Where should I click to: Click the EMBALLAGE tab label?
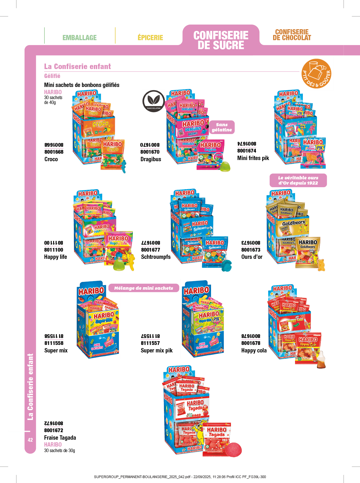pyautogui.click(x=79, y=38)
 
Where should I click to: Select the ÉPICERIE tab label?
pyautogui.click(x=150, y=38)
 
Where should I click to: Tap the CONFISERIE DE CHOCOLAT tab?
pyautogui.click(x=292, y=35)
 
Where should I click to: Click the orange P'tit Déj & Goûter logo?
pyautogui.click(x=316, y=74)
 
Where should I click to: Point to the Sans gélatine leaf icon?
pyautogui.click(x=153, y=101)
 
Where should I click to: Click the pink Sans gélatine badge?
pyautogui.click(x=222, y=127)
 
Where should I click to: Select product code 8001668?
pyautogui.click(x=54, y=152)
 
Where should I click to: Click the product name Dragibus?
pyautogui.click(x=151, y=159)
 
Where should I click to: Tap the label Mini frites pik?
pyautogui.click(x=253, y=158)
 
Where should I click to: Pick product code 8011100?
pyautogui.click(x=53, y=250)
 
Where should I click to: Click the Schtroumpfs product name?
pyautogui.click(x=156, y=257)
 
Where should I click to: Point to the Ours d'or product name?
pyautogui.click(x=252, y=257)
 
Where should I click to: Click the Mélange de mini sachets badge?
pyautogui.click(x=143, y=288)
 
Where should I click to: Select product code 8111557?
pyautogui.click(x=150, y=343)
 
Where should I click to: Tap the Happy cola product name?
pyautogui.click(x=254, y=350)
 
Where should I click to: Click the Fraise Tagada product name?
pyautogui.click(x=60, y=438)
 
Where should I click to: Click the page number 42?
pyautogui.click(x=30, y=440)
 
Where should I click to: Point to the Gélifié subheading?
pyautogui.click(x=52, y=76)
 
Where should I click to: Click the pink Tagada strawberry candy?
pyautogui.click(x=233, y=449)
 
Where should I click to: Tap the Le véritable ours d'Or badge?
pyautogui.click(x=298, y=180)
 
